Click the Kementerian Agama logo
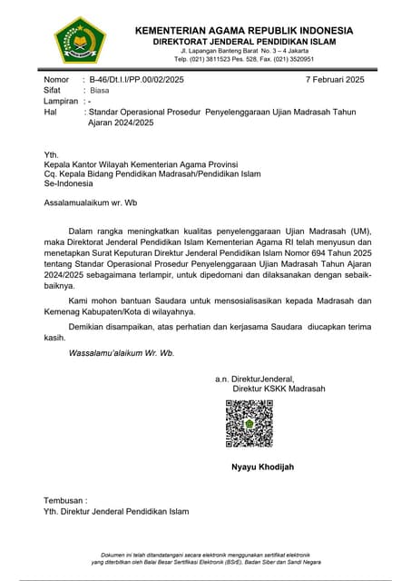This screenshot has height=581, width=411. pos(80,42)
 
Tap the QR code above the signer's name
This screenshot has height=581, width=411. pos(250,423)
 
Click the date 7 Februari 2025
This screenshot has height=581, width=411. pos(335,81)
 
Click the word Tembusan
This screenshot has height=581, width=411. pos(65,500)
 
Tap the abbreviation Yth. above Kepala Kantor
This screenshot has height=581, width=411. pos(52,155)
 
